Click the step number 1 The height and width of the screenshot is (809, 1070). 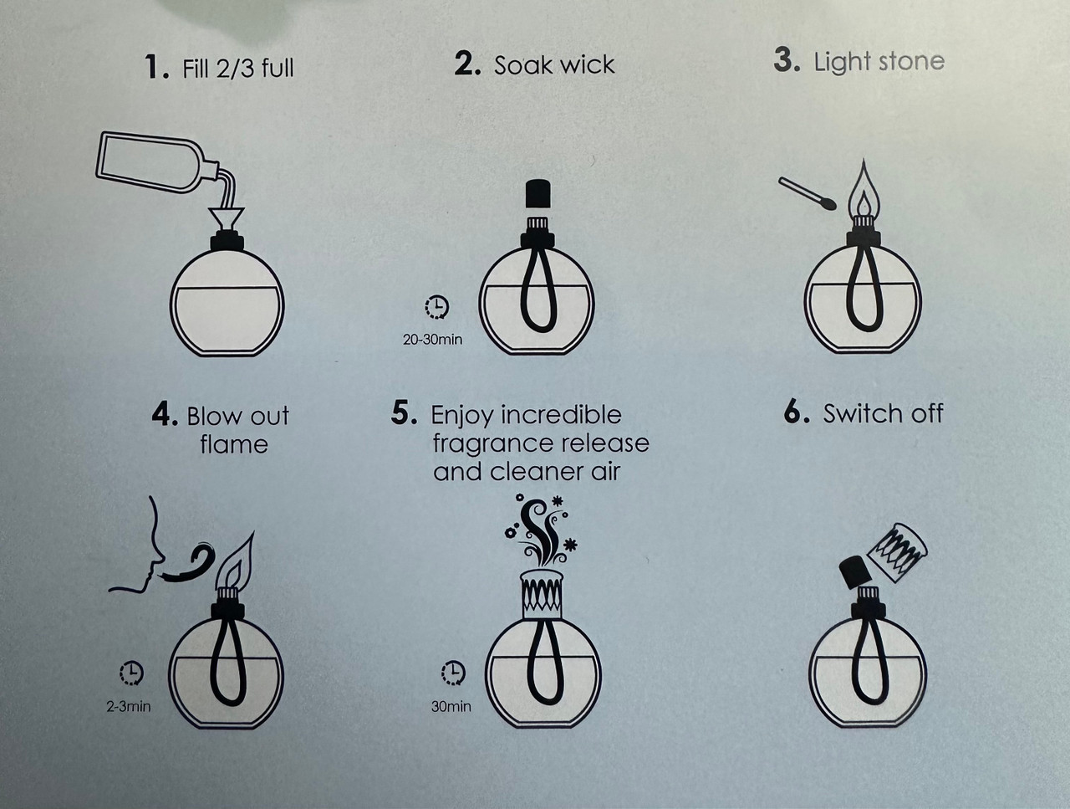click(x=156, y=67)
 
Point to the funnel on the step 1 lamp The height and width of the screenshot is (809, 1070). click(x=227, y=219)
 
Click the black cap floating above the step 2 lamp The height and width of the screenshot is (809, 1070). click(x=538, y=193)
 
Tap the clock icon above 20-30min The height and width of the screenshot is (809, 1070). click(x=436, y=307)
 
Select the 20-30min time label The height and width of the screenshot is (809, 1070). click(x=433, y=340)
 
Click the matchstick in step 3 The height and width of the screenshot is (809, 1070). click(x=808, y=194)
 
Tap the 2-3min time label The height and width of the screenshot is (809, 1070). click(x=129, y=706)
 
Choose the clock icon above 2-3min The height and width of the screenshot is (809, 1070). click(x=131, y=673)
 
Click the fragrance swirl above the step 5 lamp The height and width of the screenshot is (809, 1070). click(x=541, y=529)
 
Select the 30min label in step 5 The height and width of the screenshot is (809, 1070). click(x=451, y=706)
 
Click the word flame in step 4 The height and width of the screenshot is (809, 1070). click(x=234, y=444)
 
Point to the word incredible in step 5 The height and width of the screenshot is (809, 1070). click(x=562, y=416)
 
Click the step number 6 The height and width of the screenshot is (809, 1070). click(x=797, y=412)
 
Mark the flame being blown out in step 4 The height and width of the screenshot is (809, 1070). click(x=236, y=561)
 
